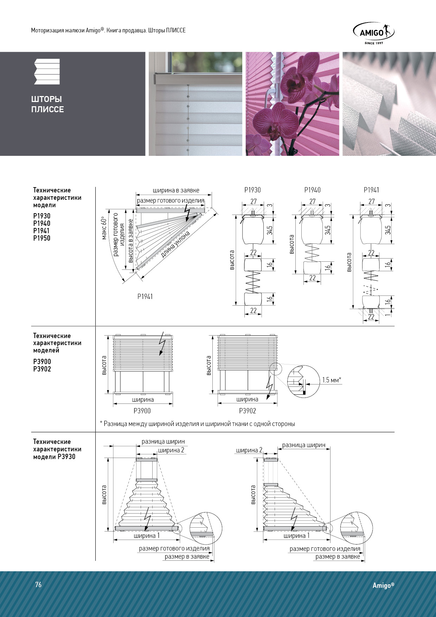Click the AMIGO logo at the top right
(x=373, y=33)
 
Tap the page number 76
(x=38, y=585)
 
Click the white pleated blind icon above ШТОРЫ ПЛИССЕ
(x=47, y=72)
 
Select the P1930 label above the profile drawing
(x=252, y=190)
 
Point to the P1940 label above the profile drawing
(x=312, y=190)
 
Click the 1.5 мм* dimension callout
(x=332, y=380)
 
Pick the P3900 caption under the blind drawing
(x=142, y=411)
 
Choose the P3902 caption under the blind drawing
(x=248, y=411)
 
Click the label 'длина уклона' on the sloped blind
(x=176, y=244)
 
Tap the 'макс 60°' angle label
(x=104, y=228)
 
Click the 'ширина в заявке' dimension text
(x=176, y=190)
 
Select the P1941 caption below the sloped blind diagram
(x=145, y=297)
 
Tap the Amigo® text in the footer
(x=384, y=585)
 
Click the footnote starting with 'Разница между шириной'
(x=197, y=424)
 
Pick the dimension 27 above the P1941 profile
(x=372, y=202)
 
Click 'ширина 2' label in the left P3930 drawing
(x=171, y=450)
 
